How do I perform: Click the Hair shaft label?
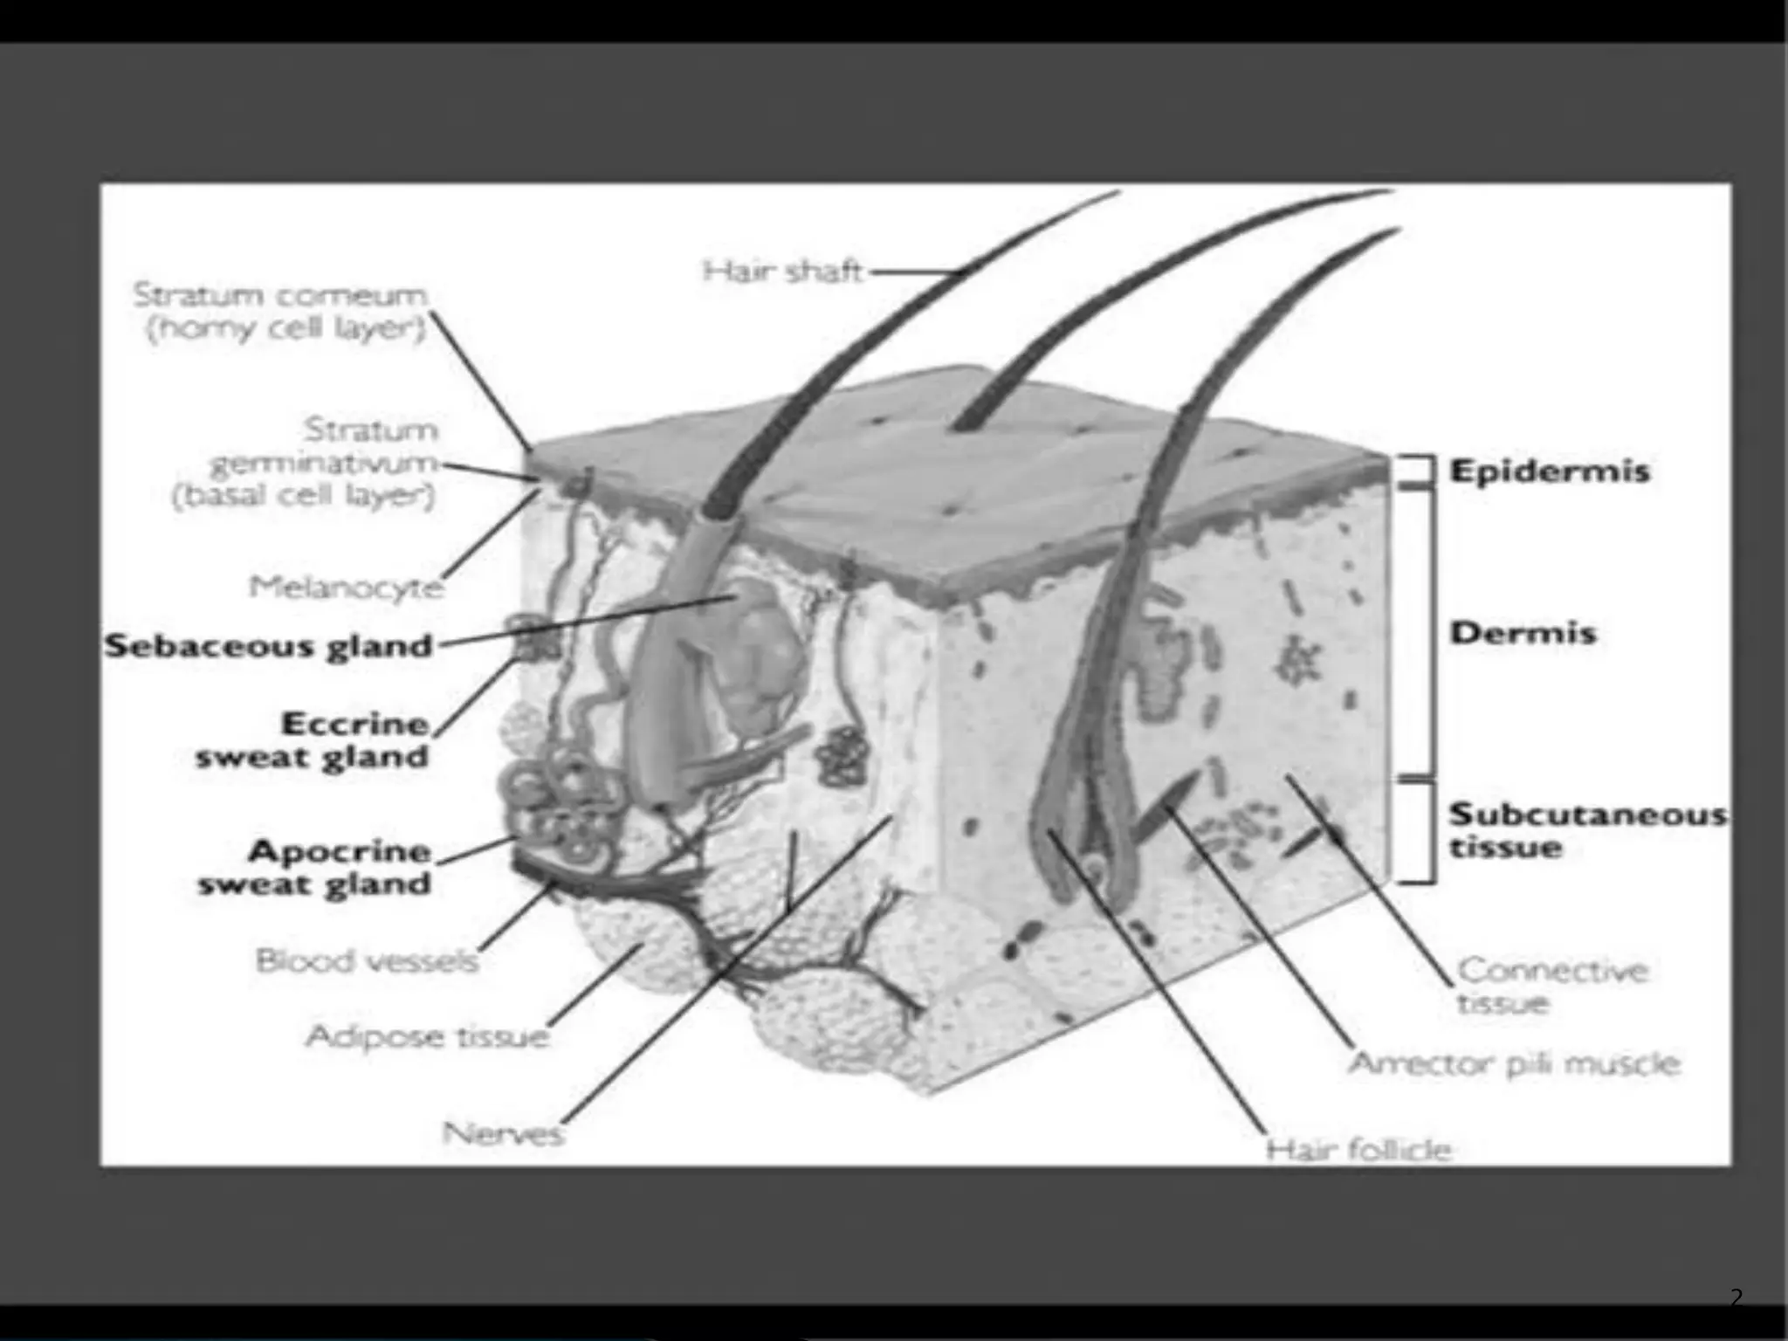783,272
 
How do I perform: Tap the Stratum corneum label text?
281,313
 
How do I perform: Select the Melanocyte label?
346,587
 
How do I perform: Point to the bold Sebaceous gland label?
269,646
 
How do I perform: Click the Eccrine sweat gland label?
313,740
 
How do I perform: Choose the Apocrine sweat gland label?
315,867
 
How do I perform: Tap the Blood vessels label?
367,961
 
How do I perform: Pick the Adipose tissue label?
427,1036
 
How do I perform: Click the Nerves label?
503,1134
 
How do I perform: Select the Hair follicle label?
1358,1150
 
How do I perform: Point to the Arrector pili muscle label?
1514,1064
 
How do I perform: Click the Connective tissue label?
1552,986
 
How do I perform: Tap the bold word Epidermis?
1550,471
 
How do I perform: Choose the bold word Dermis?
1523,632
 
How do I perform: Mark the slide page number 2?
1736,1298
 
